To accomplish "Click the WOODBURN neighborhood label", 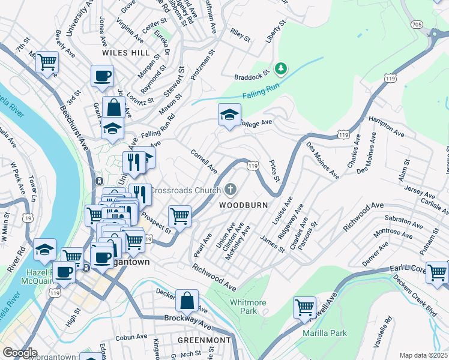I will [243, 205].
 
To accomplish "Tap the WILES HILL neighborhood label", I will [125, 53].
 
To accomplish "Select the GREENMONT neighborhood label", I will [204, 340].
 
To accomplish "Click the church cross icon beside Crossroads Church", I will [231, 190].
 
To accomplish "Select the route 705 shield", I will [417, 25].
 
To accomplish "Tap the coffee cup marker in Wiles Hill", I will [102, 76].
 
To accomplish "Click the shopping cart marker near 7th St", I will [47, 61].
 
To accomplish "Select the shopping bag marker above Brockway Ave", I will [187, 300].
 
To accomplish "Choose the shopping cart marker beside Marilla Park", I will [304, 308].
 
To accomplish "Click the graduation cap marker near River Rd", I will [44, 249].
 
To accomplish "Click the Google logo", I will [20, 353].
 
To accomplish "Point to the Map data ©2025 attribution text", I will [423, 355].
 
